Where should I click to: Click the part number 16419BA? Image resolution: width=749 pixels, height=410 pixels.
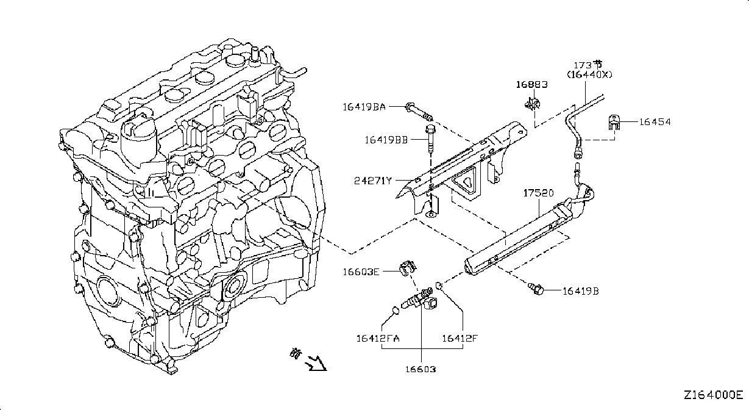(364, 107)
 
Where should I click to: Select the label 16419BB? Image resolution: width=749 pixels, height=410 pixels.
(386, 140)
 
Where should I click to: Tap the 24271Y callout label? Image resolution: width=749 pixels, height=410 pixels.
(372, 181)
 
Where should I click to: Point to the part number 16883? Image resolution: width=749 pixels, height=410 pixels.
(531, 84)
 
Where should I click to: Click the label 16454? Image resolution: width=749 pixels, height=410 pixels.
(655, 122)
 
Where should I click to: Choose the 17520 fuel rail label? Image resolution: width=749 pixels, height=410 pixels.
(538, 193)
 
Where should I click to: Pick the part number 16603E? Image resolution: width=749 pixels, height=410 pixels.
(361, 272)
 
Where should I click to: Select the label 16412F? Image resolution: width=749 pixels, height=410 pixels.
(460, 339)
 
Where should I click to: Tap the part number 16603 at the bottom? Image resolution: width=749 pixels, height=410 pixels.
(421, 369)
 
